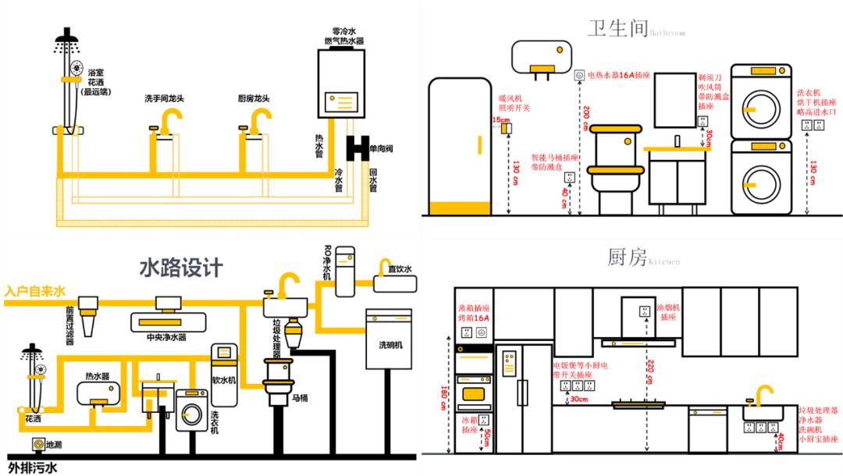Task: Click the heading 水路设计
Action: point(180,268)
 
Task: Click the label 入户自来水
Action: point(35,292)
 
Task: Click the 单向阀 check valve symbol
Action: point(358,147)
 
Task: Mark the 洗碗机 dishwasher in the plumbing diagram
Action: point(387,339)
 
